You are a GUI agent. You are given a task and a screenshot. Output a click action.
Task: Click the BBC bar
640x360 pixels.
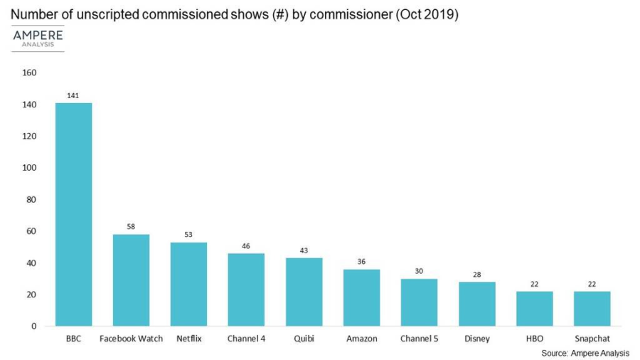pyautogui.click(x=74, y=214)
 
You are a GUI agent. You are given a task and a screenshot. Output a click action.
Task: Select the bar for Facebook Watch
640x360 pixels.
pyautogui.click(x=132, y=280)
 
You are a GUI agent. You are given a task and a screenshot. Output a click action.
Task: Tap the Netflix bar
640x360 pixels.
pyautogui.click(x=188, y=284)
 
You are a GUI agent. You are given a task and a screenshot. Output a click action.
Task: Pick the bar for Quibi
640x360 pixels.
pyautogui.click(x=304, y=292)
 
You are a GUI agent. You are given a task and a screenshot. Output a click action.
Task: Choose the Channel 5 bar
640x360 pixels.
pyautogui.click(x=419, y=302)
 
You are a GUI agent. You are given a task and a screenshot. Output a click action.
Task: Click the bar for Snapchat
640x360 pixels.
pyautogui.click(x=592, y=309)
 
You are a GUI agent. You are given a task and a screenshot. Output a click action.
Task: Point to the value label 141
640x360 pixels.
pyautogui.click(x=74, y=95)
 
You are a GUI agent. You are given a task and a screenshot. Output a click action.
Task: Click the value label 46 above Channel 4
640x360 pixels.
pyautogui.click(x=246, y=245)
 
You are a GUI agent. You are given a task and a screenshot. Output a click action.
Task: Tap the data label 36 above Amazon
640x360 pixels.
pyautogui.click(x=361, y=261)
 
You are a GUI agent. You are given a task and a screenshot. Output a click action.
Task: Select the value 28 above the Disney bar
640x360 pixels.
pyautogui.click(x=476, y=274)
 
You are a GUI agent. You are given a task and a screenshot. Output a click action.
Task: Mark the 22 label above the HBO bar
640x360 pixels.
pyautogui.click(x=534, y=283)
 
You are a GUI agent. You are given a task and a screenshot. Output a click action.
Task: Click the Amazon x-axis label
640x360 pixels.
pyautogui.click(x=361, y=339)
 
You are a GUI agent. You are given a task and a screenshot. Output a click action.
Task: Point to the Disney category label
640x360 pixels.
pyautogui.click(x=476, y=339)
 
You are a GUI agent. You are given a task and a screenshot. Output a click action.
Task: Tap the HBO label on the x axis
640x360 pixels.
pyautogui.click(x=534, y=339)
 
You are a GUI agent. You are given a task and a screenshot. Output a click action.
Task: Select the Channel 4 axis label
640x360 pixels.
pyautogui.click(x=246, y=339)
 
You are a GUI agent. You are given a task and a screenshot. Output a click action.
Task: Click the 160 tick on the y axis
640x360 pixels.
pyautogui.click(x=29, y=73)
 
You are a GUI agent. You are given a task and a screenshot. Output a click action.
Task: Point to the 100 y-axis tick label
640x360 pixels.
pyautogui.click(x=29, y=168)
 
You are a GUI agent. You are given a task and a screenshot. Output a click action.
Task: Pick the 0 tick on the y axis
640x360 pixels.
pyautogui.click(x=33, y=326)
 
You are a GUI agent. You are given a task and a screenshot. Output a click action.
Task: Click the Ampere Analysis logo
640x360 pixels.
pyautogui.click(x=38, y=38)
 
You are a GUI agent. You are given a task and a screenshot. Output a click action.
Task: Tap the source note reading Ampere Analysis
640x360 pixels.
pyautogui.click(x=585, y=353)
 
